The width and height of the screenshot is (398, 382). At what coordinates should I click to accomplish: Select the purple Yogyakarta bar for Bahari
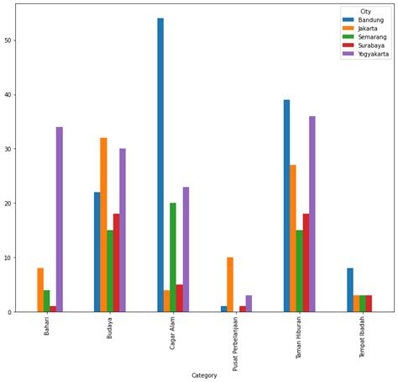[x=60, y=220]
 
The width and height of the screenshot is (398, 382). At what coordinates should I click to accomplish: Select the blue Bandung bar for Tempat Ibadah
[x=350, y=290]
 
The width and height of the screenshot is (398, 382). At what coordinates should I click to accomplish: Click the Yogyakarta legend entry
[x=373, y=54]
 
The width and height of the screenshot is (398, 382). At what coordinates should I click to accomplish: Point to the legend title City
[x=365, y=11]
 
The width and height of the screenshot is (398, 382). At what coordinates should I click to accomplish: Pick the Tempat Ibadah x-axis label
[x=364, y=337]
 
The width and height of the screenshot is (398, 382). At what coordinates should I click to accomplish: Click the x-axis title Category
[x=204, y=375]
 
